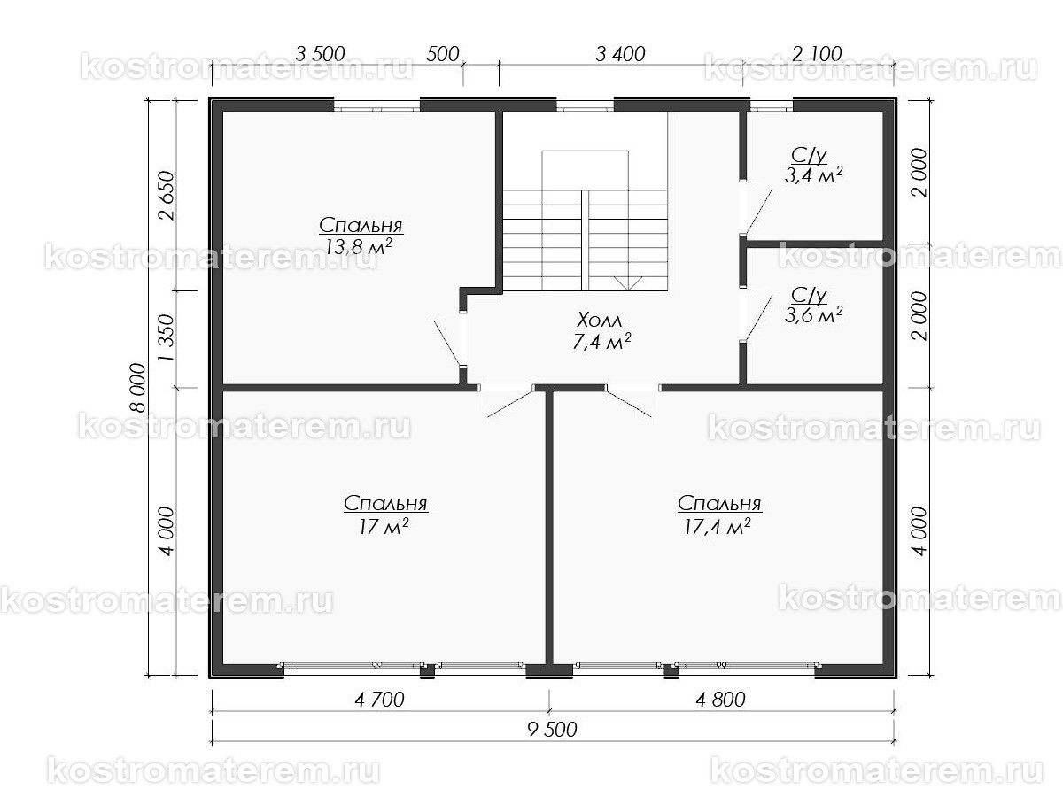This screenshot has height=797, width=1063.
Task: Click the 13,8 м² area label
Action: [359, 247]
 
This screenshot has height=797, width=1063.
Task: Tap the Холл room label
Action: [600, 321]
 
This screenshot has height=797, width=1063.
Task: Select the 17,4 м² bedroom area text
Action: [718, 527]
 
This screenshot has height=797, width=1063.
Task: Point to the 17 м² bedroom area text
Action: [384, 527]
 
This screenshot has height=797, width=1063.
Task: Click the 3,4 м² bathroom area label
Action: [813, 175]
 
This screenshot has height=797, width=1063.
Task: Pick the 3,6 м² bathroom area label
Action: [813, 315]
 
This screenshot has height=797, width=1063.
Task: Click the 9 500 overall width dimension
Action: [552, 730]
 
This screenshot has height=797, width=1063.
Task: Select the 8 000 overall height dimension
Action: [137, 388]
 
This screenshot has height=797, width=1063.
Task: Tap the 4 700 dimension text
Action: [380, 700]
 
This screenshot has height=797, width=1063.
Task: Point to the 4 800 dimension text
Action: [720, 700]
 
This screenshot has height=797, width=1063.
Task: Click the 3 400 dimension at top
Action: [620, 54]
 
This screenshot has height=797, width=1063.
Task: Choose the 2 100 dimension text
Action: [818, 53]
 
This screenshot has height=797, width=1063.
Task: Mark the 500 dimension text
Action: [443, 54]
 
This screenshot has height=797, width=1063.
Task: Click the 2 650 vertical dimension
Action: [167, 196]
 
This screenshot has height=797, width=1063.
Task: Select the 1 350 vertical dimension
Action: [167, 337]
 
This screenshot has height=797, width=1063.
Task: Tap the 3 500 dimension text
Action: [320, 54]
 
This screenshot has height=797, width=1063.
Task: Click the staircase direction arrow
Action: [628, 282]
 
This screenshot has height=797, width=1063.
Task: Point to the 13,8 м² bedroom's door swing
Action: [448, 341]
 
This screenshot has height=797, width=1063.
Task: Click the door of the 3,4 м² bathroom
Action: [758, 212]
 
